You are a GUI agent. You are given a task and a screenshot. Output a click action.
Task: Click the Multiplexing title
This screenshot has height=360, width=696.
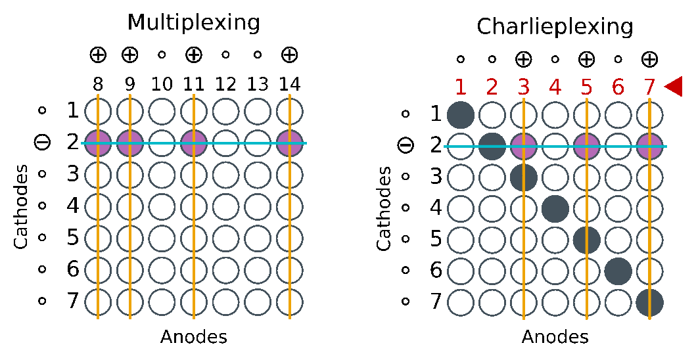(x=194, y=22)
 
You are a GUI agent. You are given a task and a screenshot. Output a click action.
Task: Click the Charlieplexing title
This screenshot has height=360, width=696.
(x=555, y=27)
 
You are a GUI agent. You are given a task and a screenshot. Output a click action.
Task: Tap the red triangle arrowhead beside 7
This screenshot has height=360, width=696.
(x=673, y=86)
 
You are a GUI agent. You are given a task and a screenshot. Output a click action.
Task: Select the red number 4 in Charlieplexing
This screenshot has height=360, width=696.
(x=555, y=87)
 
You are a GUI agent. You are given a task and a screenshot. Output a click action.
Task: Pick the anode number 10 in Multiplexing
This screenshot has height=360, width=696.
(x=162, y=84)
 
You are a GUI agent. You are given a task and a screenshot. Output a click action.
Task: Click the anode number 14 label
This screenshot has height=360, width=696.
(x=290, y=84)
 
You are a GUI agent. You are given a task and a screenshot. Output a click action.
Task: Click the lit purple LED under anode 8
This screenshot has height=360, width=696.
(x=98, y=143)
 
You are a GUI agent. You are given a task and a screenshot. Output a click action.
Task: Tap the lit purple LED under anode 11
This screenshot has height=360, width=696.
(x=194, y=143)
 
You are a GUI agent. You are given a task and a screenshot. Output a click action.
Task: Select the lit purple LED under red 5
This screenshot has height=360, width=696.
(x=586, y=146)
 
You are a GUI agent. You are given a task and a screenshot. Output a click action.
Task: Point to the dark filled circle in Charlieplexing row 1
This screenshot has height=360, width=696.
(x=461, y=114)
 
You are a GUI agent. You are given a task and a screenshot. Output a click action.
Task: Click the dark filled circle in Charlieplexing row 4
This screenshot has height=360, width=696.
(x=555, y=209)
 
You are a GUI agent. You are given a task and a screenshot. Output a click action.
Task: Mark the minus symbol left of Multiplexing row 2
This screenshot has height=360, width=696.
(x=43, y=141)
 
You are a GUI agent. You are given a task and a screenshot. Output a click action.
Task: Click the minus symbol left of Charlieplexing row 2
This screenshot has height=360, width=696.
(x=406, y=145)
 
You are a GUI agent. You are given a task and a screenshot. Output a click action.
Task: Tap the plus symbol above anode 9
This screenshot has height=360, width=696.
(x=130, y=55)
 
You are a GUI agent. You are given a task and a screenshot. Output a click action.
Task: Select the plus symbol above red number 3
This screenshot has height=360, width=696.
(x=524, y=59)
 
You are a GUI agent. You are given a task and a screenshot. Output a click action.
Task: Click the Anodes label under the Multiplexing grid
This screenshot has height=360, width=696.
(x=194, y=337)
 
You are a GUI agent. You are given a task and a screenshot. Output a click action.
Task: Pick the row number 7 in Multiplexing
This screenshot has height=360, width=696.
(x=73, y=301)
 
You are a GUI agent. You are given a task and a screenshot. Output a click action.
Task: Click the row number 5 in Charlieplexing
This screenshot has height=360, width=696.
(x=436, y=238)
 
